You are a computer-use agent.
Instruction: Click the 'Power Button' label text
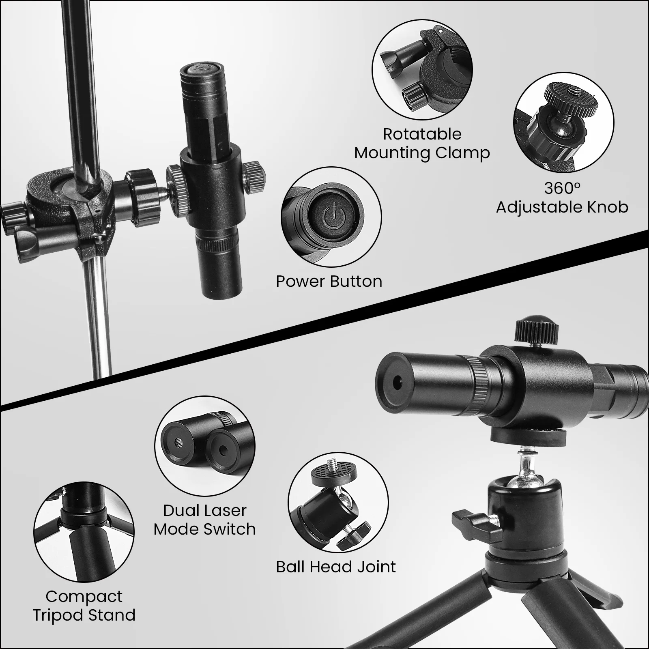[329, 281]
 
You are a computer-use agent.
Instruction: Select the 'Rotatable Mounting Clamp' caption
[422, 144]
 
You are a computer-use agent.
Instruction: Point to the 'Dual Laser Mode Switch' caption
[205, 520]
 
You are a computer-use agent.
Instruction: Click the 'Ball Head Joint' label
[336, 567]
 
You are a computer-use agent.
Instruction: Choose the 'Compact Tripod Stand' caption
[84, 606]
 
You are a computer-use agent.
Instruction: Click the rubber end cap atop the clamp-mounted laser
[198, 69]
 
